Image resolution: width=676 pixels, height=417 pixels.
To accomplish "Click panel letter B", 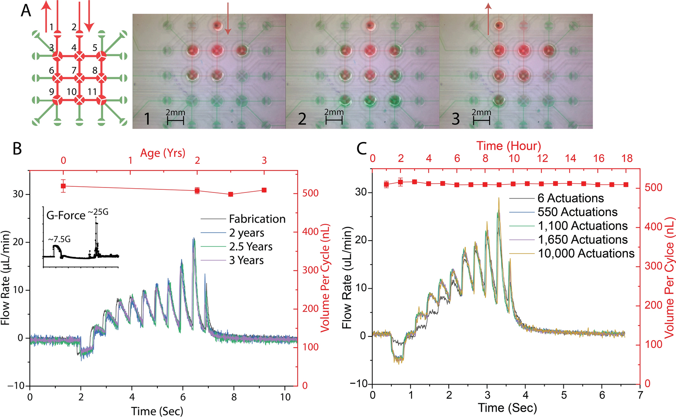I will [17, 149].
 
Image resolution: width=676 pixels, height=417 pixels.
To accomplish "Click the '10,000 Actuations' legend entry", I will [586, 254].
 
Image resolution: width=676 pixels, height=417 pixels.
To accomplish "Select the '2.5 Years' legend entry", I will [251, 247].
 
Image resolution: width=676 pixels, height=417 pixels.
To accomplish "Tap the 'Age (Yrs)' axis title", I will [163, 153].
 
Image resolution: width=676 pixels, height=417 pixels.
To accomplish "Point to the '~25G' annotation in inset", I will [98, 212].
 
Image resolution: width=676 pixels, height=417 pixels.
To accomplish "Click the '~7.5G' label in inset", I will [59, 239].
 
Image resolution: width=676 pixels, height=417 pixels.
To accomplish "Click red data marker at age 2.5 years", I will [231, 194].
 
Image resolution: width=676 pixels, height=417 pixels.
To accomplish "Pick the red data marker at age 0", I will [63, 186].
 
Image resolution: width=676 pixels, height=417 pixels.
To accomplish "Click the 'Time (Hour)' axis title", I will [508, 146].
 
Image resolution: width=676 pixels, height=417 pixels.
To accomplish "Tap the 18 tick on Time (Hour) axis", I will [627, 158].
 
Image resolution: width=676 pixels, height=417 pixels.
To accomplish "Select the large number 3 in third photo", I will [456, 119].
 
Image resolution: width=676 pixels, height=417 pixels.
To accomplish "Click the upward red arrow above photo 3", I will [488, 19].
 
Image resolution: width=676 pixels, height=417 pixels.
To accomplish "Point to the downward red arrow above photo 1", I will [228, 19].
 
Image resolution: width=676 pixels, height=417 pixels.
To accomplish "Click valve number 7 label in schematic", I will [74, 70].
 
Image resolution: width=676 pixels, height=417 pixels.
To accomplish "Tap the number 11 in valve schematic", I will [92, 92].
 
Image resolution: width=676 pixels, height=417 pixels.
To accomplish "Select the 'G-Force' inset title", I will [66, 216].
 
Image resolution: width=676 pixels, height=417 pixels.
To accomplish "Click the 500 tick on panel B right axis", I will [310, 193].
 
